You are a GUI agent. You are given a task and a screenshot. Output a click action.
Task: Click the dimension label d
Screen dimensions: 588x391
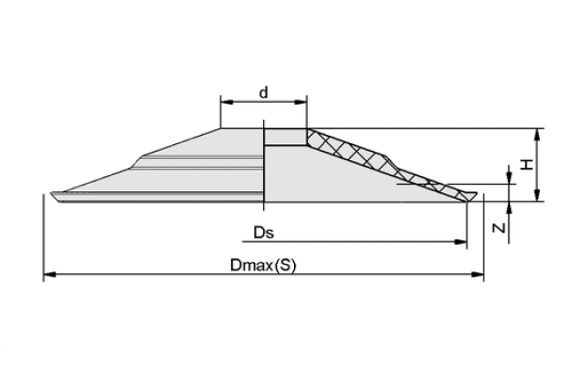tap(264, 92)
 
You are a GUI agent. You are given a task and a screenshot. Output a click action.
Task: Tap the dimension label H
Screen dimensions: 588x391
tap(528, 164)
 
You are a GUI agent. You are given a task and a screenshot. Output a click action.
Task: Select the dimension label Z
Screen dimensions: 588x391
tap(499, 227)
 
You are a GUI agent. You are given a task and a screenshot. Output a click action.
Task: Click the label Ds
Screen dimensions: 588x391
tap(264, 233)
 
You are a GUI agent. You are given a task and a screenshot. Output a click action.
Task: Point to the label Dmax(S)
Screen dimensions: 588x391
tap(263, 266)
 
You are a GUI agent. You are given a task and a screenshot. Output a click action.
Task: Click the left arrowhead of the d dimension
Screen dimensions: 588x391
tap(226, 102)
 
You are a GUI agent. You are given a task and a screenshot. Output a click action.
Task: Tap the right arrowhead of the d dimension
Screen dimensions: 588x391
tap(302, 102)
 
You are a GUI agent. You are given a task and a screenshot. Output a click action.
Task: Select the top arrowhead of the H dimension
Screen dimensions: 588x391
tap(537, 135)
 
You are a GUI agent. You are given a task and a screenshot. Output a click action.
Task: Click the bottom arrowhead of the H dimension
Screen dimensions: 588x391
tap(537, 195)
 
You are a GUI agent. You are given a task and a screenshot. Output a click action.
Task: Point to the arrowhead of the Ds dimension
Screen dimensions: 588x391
tap(461, 242)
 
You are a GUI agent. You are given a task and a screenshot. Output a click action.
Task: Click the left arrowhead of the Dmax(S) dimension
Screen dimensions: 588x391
tap(50, 275)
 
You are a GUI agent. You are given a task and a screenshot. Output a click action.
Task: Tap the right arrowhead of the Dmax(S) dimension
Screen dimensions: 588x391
tap(478, 275)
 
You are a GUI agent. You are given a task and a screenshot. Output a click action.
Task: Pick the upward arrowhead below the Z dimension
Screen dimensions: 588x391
tap(509, 207)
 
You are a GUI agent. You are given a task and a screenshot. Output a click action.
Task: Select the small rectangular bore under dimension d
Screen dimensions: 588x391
tap(286, 138)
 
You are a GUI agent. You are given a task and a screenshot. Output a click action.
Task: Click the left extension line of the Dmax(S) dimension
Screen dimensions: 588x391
tap(44, 238)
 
